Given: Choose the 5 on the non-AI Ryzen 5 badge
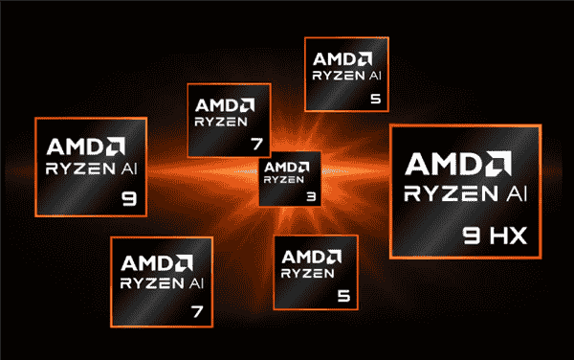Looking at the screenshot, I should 342,295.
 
